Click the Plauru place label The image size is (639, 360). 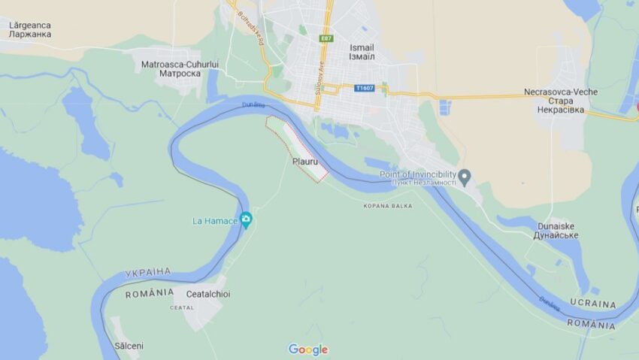tap(303, 161)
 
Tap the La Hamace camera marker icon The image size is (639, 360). tap(246, 219)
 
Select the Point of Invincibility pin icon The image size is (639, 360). tap(465, 177)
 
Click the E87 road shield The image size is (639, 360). tap(326, 38)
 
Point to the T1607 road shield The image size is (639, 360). tap(365, 88)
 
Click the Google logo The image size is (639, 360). tap(308, 349)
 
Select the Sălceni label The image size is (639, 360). tap(129, 346)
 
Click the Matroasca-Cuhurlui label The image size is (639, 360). tap(180, 65)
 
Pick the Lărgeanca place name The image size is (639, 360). tap(29, 25)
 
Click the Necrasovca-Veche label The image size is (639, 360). tap(561, 92)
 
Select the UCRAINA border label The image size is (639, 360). tap(592, 304)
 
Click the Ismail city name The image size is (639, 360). tap(362, 47)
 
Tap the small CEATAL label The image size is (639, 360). tap(182, 307)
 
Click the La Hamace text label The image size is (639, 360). tap(215, 220)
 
